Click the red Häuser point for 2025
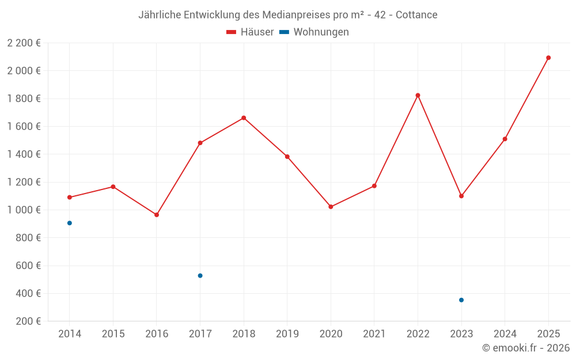coord(548,58)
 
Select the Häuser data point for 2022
coord(418,96)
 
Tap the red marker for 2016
coord(157,215)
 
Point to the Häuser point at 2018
coord(244,118)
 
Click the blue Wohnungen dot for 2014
coord(70,223)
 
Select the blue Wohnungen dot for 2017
coord(200,275)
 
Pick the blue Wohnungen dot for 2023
coord(461,300)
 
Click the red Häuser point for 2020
coord(331,207)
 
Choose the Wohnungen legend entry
coord(314,32)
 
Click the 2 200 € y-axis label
coord(24,43)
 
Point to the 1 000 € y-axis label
coord(24,210)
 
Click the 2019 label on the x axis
coord(287,334)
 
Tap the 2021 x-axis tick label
coord(374,334)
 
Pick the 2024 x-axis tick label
coord(505,334)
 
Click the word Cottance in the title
coord(416,14)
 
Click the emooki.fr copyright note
coord(526,348)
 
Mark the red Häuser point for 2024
coord(505,139)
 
